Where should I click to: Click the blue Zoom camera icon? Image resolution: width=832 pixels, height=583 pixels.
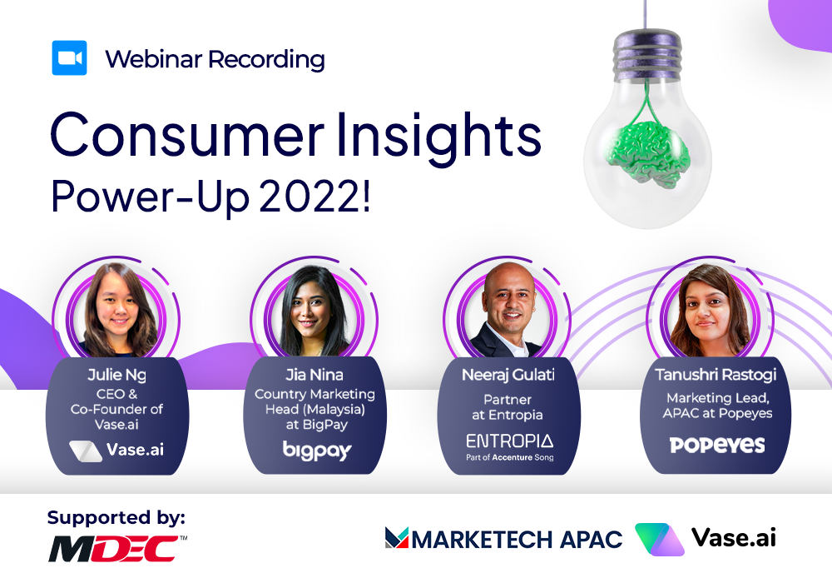coord(70,57)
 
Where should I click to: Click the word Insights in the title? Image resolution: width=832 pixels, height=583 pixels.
coord(438,135)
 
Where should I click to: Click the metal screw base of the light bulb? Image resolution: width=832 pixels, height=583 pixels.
coord(646,52)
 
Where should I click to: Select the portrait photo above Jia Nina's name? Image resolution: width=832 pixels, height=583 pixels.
coord(315,311)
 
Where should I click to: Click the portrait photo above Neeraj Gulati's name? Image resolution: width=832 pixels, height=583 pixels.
coord(508,310)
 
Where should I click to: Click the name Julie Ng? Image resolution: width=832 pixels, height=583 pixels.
coord(116,376)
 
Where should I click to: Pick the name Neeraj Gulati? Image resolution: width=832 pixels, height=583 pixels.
coord(508,375)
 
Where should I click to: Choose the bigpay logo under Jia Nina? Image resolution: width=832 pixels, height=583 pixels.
coord(317,451)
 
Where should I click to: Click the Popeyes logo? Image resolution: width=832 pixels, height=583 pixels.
coord(717,445)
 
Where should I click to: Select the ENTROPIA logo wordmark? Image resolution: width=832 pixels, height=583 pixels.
coord(509,441)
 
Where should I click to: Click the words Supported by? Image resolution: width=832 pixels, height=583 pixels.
coord(116,518)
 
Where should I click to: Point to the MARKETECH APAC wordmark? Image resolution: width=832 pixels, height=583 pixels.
coord(503,539)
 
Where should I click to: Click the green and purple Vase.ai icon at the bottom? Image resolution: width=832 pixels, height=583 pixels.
coord(659,539)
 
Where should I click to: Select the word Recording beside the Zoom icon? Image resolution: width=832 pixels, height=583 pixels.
coord(266,59)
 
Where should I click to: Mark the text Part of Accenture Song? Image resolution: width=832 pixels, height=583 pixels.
coord(509,457)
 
